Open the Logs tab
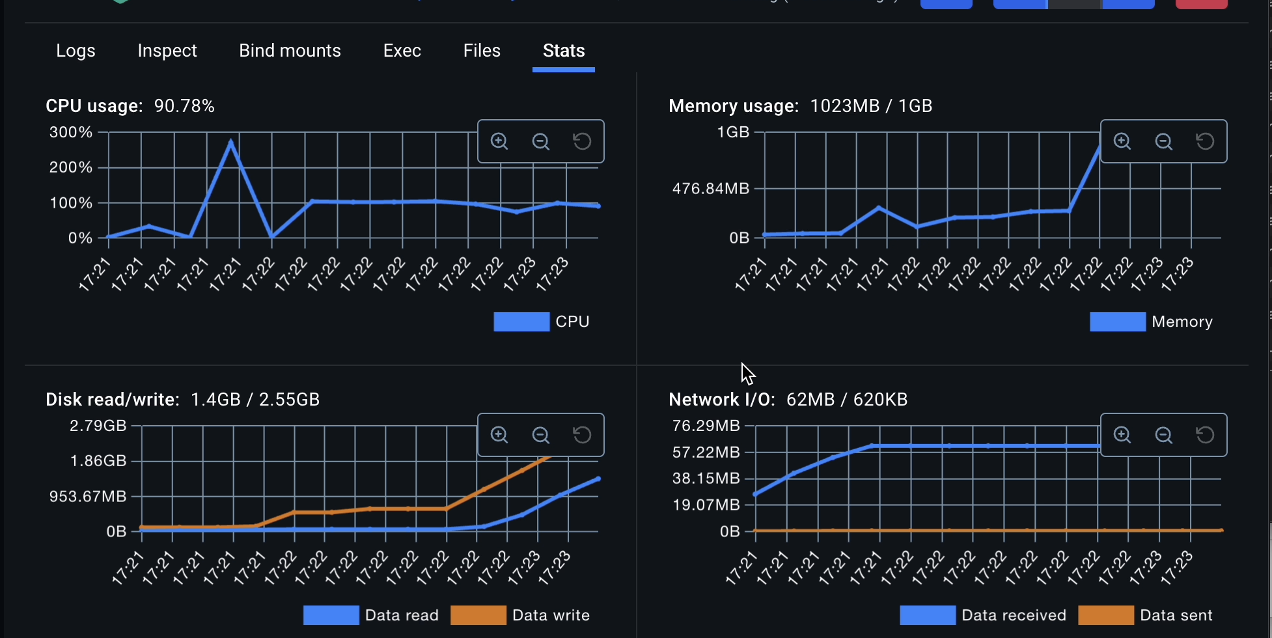[76, 51]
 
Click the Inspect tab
[167, 51]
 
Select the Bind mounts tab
[290, 51]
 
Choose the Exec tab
[402, 51]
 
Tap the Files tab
[482, 51]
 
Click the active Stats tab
[564, 51]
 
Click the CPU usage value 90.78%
[184, 106]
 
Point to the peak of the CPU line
[231, 141]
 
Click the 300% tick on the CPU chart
[71, 133]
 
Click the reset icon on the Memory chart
[1205, 141]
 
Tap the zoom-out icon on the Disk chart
[540, 435]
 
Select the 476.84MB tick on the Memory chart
[711, 189]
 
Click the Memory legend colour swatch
[1117, 322]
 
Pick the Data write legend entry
[520, 615]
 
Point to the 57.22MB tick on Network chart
[706, 452]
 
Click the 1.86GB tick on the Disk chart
[98, 461]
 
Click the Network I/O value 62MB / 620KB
[846, 400]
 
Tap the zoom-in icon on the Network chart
[1122, 435]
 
